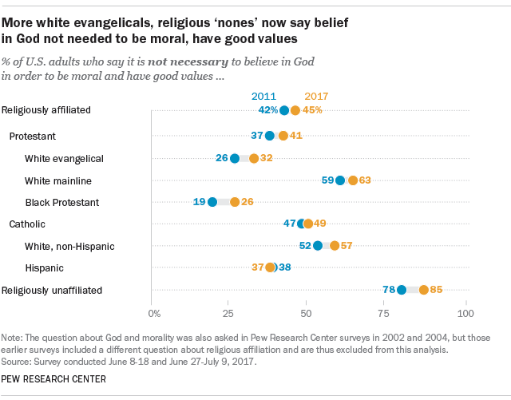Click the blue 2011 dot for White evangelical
(235, 158)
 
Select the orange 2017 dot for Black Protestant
(235, 202)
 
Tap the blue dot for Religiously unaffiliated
(402, 290)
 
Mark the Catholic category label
(27, 224)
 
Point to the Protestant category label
(32, 137)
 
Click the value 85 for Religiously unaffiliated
(436, 290)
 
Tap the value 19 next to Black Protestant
(200, 202)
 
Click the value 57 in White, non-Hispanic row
(347, 246)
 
